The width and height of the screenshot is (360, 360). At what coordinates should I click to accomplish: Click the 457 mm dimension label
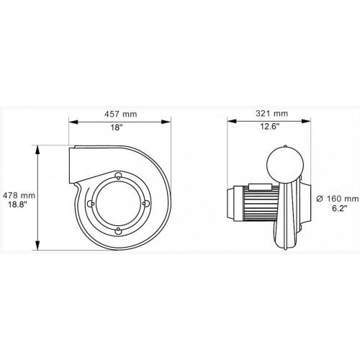(120, 114)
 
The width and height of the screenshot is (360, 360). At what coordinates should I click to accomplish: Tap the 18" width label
(117, 127)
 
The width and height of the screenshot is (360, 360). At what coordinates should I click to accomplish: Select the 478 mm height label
(19, 196)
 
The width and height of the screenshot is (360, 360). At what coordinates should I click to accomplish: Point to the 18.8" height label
(17, 204)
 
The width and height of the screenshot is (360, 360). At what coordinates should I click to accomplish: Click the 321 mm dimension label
(271, 113)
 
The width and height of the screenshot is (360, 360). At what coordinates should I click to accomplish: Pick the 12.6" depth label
(270, 127)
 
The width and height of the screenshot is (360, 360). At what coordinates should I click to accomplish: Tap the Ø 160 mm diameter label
(338, 199)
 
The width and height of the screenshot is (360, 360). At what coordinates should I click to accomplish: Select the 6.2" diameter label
(340, 208)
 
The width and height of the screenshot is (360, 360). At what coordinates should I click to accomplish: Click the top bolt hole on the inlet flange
(118, 176)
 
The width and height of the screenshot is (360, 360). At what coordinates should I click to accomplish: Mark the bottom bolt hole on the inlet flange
(118, 231)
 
